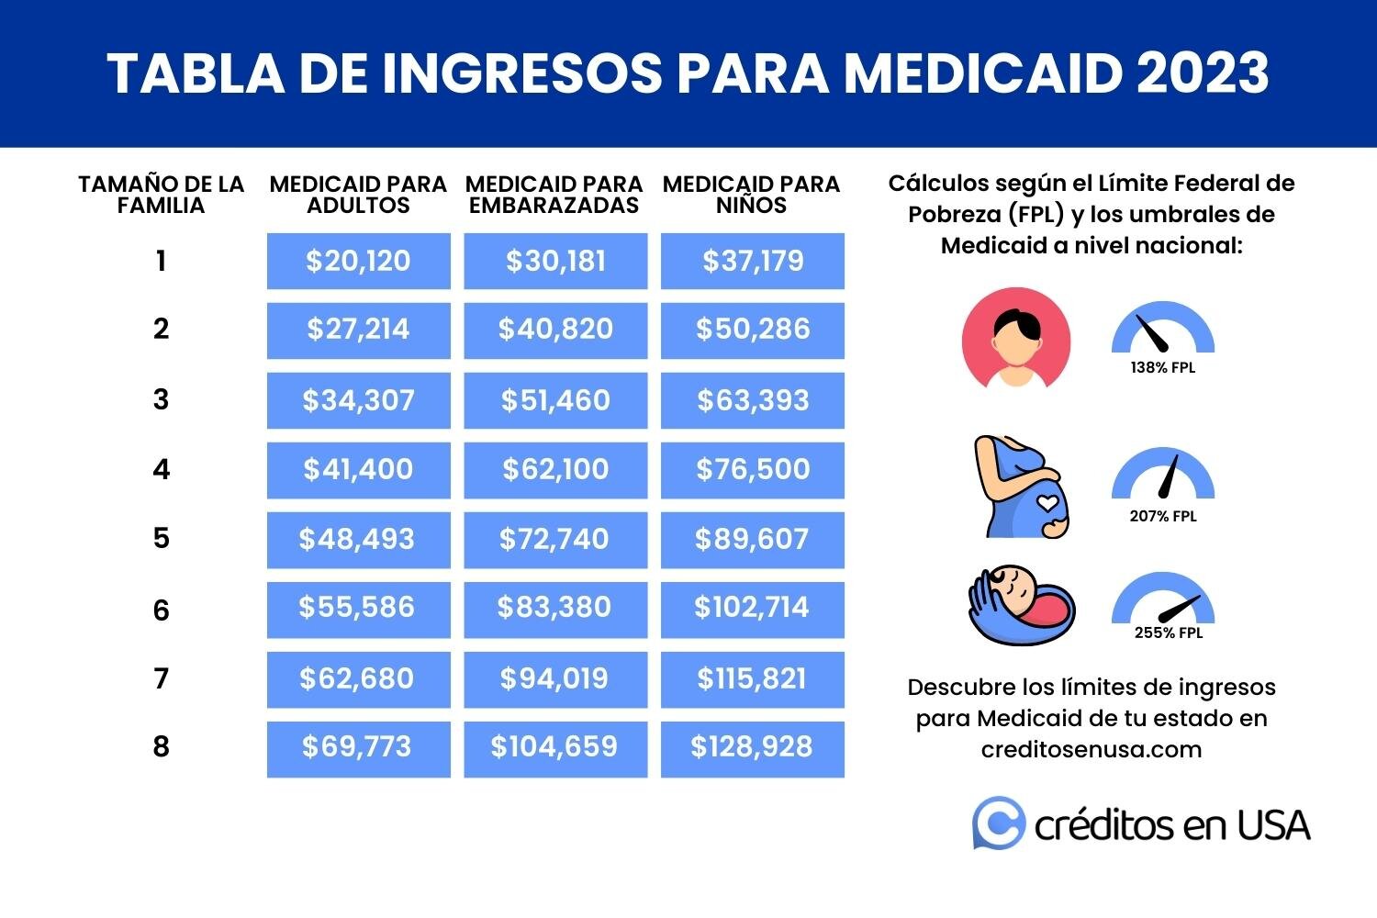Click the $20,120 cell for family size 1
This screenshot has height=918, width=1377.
(358, 262)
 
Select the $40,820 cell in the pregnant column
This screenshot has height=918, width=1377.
(555, 330)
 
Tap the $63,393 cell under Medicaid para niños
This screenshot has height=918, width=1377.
(753, 400)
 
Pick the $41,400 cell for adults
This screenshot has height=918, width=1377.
(358, 470)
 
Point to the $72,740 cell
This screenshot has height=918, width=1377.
(555, 539)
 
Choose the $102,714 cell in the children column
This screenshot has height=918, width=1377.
(753, 609)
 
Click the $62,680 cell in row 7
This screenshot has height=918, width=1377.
(358, 679)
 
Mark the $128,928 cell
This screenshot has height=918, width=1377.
(753, 748)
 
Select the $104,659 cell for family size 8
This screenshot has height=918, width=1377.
(555, 748)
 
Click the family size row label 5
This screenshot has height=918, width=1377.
(162, 538)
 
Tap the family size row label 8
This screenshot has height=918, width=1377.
(162, 747)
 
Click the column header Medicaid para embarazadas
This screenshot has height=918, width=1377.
(554, 195)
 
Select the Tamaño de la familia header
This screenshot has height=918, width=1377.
(162, 195)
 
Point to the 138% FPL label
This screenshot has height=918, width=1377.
(1163, 368)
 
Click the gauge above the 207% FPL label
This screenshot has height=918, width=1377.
(1163, 475)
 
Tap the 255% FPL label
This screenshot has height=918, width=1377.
(1168, 633)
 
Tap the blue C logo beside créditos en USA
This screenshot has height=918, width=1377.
(998, 823)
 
